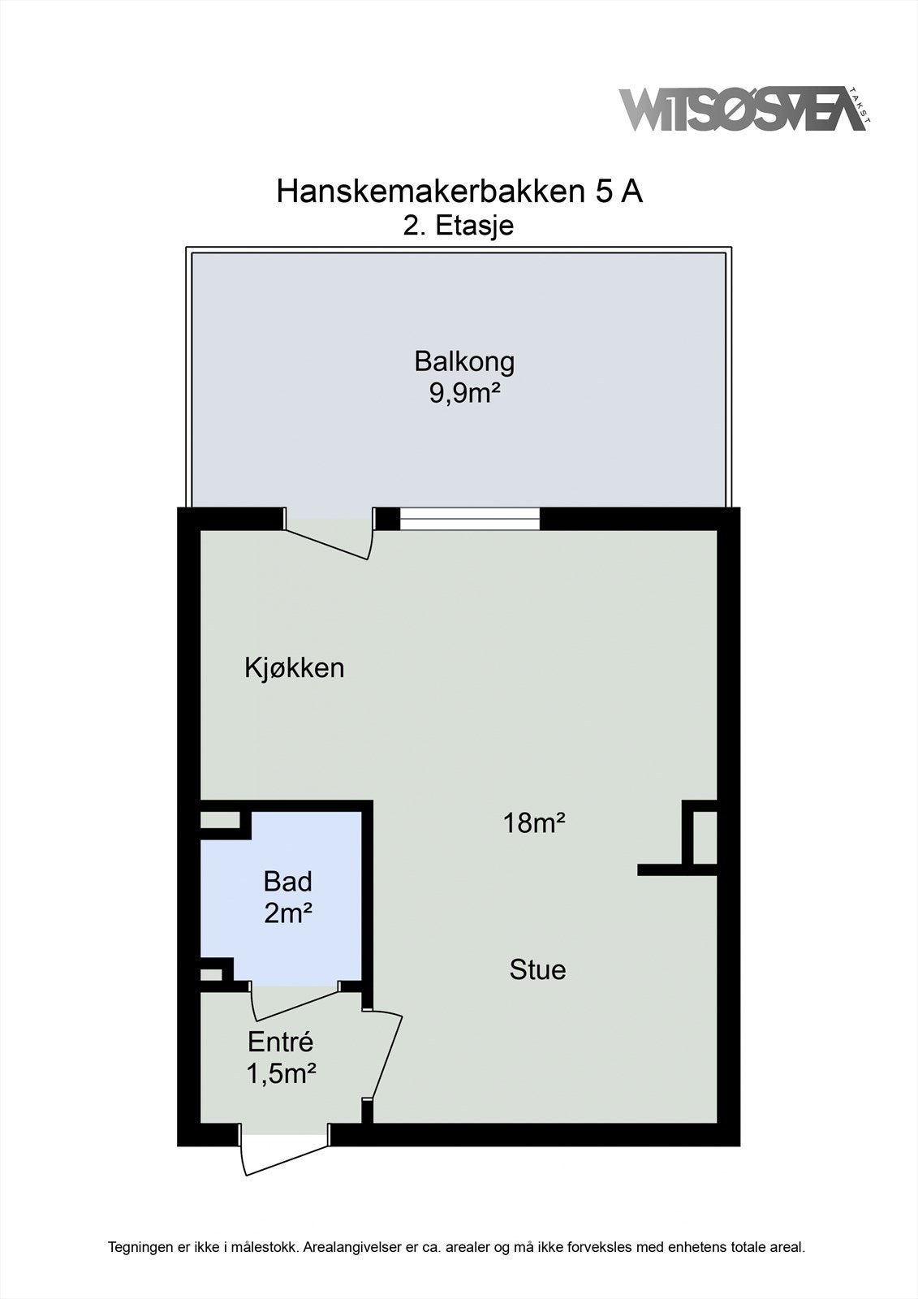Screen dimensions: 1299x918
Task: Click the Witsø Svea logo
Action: click(x=743, y=110)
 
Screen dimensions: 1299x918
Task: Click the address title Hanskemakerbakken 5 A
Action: click(x=459, y=192)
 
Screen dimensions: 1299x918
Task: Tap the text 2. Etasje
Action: click(x=459, y=225)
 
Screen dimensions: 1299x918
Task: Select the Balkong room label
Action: click(x=464, y=360)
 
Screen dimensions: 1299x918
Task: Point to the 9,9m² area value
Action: click(x=464, y=394)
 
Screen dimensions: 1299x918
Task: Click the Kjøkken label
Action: click(x=295, y=668)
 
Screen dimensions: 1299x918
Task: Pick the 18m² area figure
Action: click(x=533, y=823)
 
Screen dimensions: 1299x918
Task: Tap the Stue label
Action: click(x=537, y=969)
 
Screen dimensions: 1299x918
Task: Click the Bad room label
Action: click(x=287, y=881)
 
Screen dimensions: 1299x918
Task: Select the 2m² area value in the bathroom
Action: click(x=287, y=913)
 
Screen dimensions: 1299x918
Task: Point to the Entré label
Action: click(x=280, y=1042)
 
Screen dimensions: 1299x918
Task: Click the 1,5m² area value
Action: click(x=281, y=1074)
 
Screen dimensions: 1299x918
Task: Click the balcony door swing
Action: click(x=329, y=541)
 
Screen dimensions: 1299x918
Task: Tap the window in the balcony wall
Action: click(x=470, y=518)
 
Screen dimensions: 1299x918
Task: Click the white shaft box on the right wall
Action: click(x=705, y=837)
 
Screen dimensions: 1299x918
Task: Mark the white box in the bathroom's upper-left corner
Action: click(x=220, y=820)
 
